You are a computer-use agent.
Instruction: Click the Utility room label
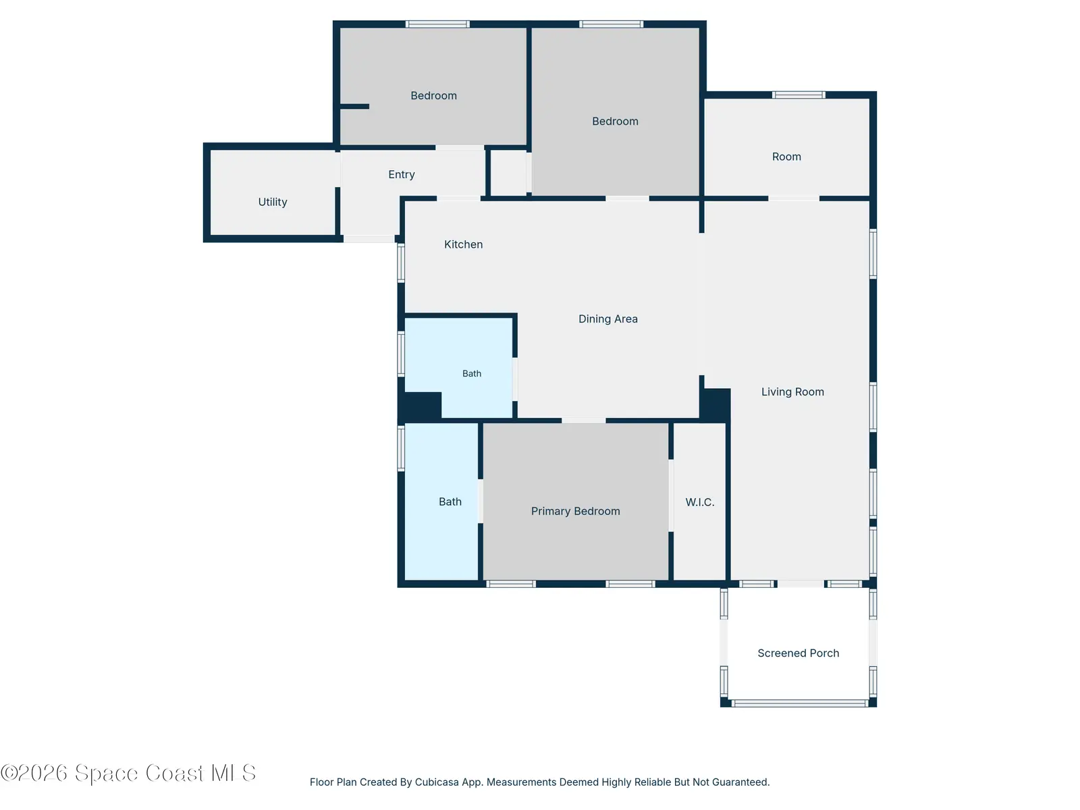273,202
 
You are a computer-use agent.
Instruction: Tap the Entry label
402,174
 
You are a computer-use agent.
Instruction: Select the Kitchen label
464,244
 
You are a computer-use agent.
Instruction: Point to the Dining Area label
608,319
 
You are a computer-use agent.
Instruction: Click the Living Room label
792,392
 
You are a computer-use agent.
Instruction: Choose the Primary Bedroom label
576,512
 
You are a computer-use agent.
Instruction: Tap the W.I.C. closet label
700,502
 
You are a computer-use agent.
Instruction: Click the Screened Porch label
799,653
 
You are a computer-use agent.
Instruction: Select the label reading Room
787,157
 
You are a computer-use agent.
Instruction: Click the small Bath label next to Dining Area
472,374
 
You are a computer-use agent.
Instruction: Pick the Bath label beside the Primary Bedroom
450,502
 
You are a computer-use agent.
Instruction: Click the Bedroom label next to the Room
616,122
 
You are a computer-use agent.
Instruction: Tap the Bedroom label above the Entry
434,95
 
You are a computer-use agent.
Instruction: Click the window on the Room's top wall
799,95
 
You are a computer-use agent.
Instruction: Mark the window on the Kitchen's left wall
401,263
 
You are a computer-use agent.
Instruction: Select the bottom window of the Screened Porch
800,704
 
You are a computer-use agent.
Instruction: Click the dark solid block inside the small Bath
422,406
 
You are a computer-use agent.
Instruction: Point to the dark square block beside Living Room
715,405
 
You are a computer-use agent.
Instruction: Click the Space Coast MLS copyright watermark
128,774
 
